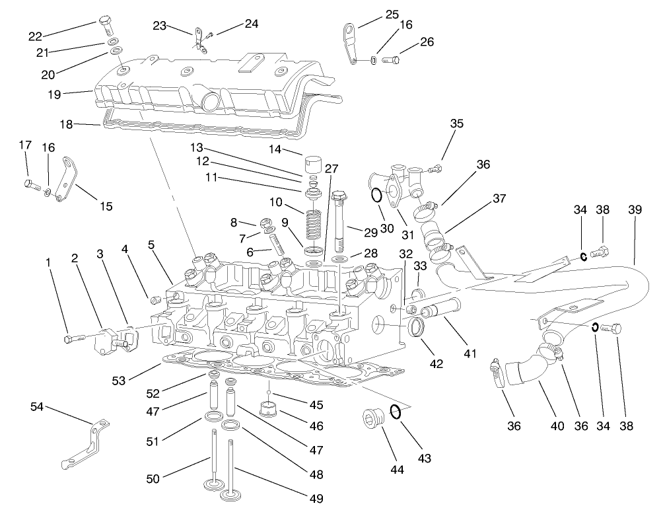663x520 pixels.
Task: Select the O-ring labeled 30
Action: pyautogui.click(x=375, y=196)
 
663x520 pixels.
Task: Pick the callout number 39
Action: pyautogui.click(x=635, y=209)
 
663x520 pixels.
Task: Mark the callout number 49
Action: pyautogui.click(x=316, y=499)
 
